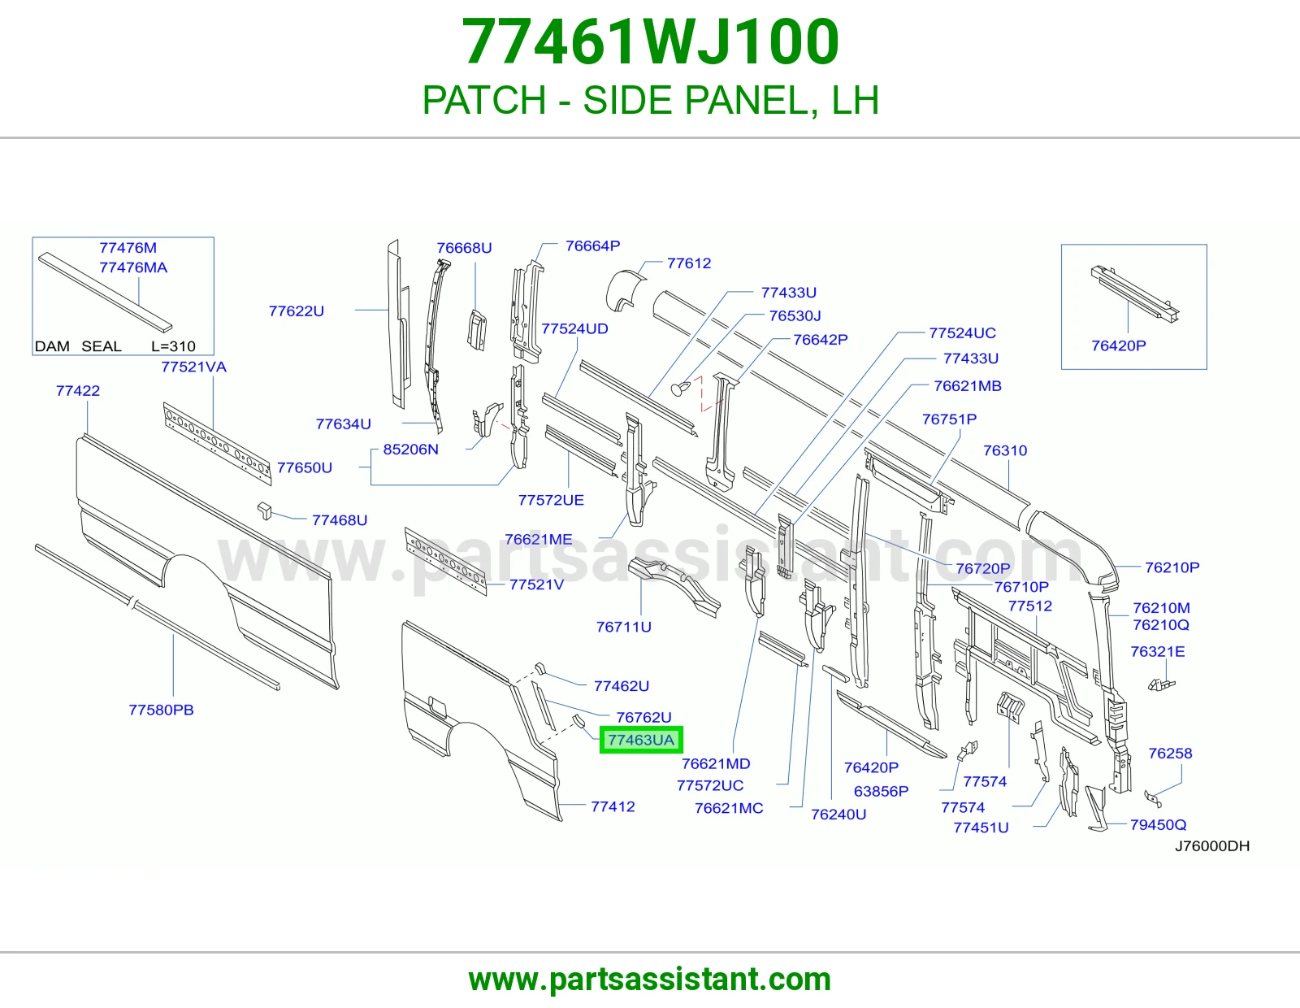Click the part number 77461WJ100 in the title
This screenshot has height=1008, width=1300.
[650, 42]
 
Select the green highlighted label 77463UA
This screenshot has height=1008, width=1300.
[641, 740]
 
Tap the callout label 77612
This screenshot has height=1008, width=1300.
[688, 263]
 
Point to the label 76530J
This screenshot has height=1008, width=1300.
[795, 315]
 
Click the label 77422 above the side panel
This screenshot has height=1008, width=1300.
[78, 391]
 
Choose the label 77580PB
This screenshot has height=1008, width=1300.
[161, 710]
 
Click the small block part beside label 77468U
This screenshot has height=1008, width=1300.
[264, 511]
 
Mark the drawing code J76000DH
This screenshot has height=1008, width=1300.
[1212, 845]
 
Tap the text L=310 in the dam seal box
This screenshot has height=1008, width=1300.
[174, 346]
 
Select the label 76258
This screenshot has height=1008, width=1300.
[1170, 754]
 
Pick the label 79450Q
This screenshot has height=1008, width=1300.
[1158, 825]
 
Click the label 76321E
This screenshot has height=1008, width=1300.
[1157, 651]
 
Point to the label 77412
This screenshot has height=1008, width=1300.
[613, 806]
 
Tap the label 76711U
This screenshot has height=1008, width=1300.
[623, 627]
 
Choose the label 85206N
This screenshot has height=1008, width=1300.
[410, 449]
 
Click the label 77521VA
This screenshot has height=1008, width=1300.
[194, 367]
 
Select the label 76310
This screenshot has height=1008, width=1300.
[1005, 450]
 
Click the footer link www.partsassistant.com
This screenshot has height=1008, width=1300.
[650, 980]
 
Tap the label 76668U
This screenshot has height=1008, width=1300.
[464, 248]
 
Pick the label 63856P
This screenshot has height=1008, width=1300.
[881, 791]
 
